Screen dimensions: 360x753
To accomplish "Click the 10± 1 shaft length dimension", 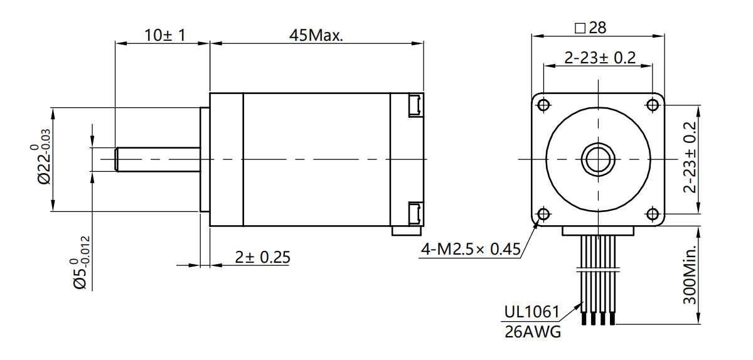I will click(164, 34).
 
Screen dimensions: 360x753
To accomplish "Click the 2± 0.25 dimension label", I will click(262, 257).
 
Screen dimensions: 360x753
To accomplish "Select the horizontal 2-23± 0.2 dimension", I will click(600, 58).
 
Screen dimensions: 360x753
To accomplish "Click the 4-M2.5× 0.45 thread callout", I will click(471, 250).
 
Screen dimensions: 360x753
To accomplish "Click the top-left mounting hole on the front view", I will click(543, 104).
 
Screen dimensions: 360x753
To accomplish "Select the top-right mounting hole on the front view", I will click(653, 104).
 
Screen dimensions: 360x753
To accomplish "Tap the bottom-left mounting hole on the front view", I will click(543, 214).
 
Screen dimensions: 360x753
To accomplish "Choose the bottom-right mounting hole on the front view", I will click(653, 214).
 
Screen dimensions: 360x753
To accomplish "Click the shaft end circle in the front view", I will click(598, 159).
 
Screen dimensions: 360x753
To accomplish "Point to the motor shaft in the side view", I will click(157, 159).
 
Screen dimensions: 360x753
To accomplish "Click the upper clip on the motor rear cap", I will click(415, 104).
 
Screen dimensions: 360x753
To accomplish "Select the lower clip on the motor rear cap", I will click(415, 213).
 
